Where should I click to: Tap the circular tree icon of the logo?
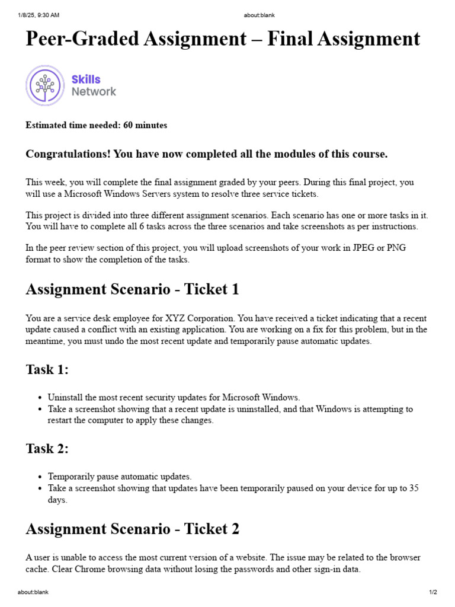coord(45,85)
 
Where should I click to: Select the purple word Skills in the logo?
coord(86,79)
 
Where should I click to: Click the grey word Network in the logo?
coord(94,92)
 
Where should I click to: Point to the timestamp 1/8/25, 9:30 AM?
coord(39,15)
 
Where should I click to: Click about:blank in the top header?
coord(259,15)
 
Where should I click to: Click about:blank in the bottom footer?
coord(33,592)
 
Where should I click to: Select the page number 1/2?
coord(432,592)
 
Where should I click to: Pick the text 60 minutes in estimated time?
coord(145,125)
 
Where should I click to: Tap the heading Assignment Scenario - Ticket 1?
coord(132,289)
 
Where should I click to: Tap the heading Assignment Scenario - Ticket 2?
coord(132,529)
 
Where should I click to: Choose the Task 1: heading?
coord(47,369)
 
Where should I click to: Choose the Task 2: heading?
coord(47,449)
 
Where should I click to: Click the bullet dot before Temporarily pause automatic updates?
coord(39,477)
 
